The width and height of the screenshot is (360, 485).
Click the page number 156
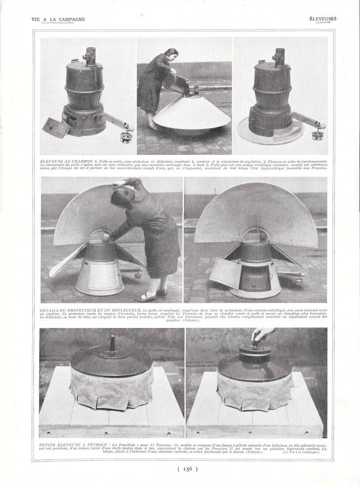click(187, 469)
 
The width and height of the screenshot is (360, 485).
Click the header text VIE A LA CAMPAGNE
click(58, 19)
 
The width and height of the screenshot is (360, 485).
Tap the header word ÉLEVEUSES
click(322, 19)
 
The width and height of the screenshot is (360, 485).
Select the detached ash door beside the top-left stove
click(56, 127)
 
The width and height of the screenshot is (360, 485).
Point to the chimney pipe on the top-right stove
click(279, 56)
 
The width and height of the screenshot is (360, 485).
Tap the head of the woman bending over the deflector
click(120, 198)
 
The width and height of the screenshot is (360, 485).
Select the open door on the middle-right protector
click(225, 273)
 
